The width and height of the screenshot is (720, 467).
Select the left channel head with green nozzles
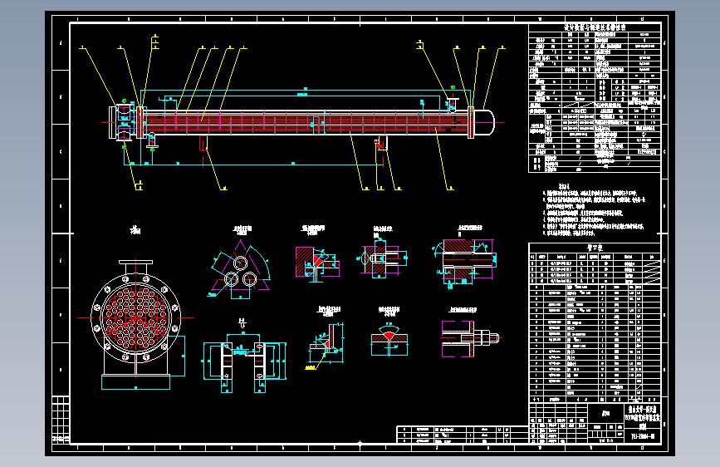click(x=123, y=121)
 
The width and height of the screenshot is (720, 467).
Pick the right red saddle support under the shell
click(x=381, y=145)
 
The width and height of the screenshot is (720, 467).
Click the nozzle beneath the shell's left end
click(x=151, y=143)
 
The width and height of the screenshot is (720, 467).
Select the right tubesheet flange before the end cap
click(x=472, y=123)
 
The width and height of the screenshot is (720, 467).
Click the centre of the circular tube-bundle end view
click(x=135, y=317)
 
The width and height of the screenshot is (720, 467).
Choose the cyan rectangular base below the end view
click(x=135, y=381)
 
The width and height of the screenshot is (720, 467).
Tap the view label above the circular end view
click(x=135, y=229)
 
